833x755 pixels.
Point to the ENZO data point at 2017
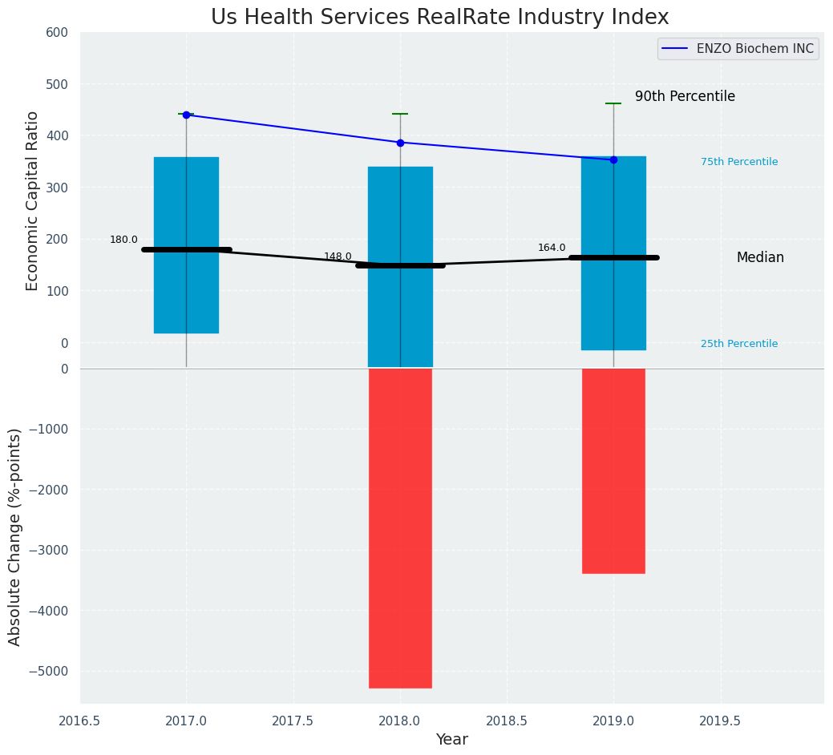click(x=186, y=115)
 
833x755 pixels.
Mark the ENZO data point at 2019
click(x=613, y=159)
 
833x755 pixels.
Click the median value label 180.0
click(x=123, y=240)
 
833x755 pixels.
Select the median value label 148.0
click(x=338, y=256)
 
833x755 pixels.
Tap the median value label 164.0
click(x=552, y=248)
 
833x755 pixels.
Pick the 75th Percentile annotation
click(x=739, y=162)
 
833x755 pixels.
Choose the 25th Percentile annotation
click(x=739, y=344)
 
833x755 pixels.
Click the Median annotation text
click(x=760, y=257)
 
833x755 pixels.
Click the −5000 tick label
click(x=50, y=671)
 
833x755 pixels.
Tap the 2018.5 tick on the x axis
click(x=507, y=721)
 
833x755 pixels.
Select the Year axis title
click(x=451, y=740)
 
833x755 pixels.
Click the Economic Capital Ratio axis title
click(x=32, y=200)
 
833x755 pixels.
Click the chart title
click(x=439, y=17)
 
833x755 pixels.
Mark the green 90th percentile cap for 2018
click(x=400, y=114)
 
